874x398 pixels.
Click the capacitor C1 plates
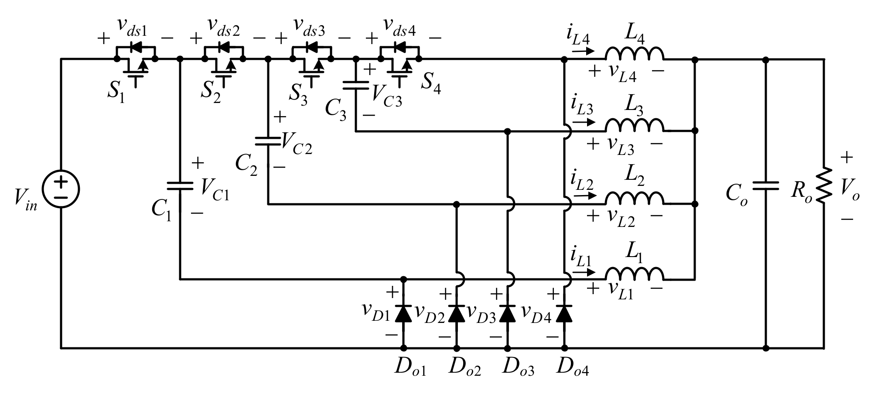pos(180,186)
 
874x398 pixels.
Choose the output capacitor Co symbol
pos(766,185)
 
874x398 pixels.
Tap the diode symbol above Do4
pos(564,314)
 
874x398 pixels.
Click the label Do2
pos(465,369)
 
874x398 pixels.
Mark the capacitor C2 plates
pos(268,140)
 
